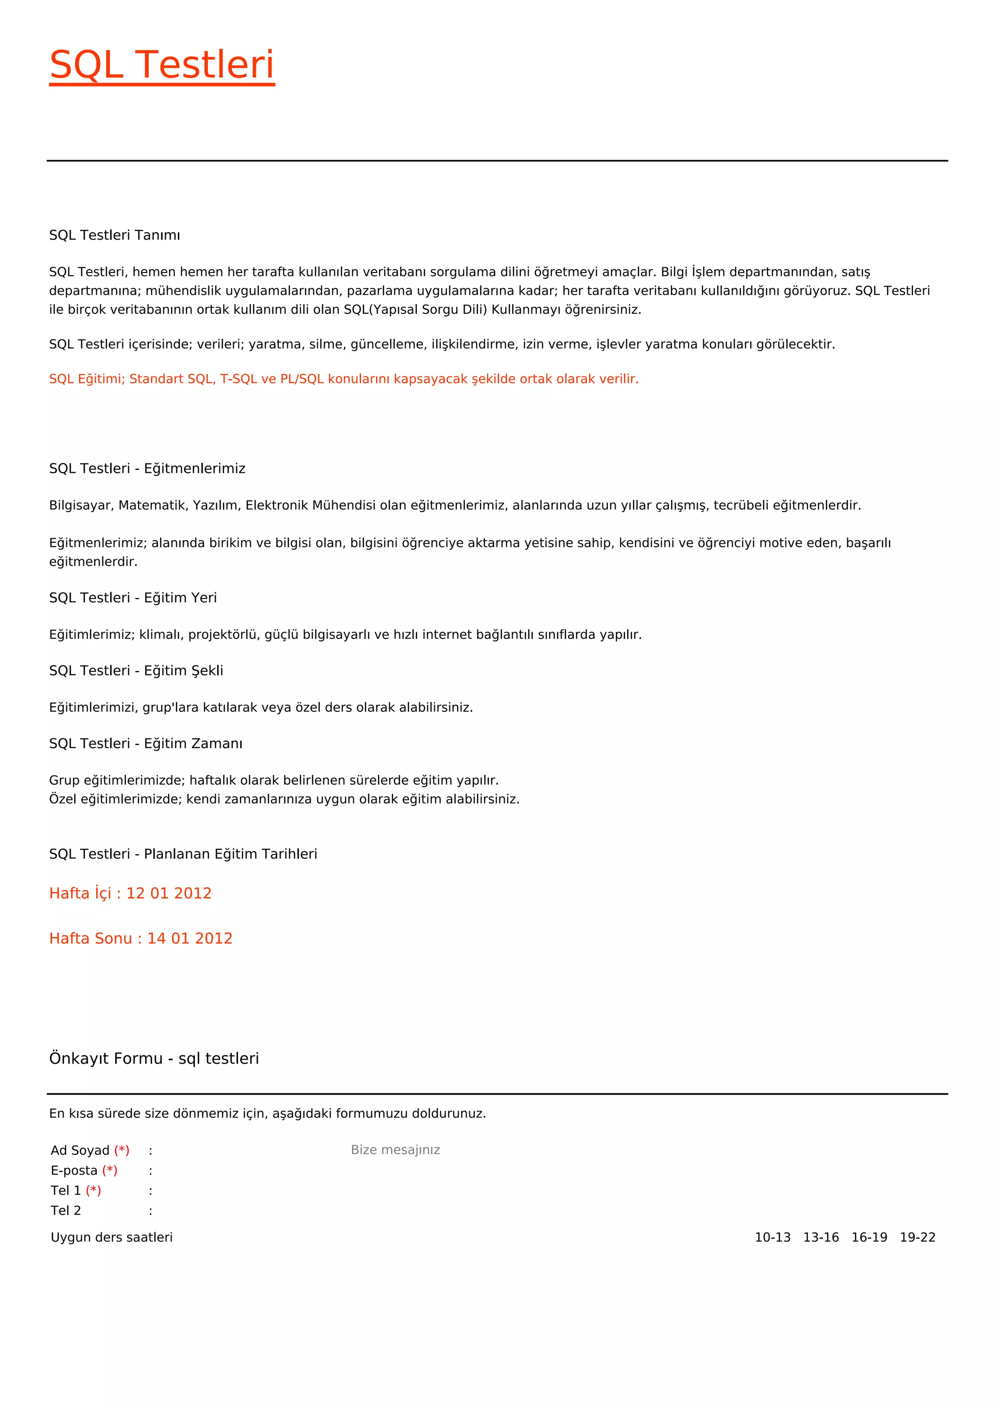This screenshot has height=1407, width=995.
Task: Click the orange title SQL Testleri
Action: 162,65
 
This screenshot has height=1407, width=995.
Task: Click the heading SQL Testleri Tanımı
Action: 115,235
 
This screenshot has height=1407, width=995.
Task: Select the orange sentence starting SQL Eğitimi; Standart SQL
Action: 343,378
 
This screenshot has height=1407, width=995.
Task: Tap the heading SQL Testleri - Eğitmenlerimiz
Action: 147,468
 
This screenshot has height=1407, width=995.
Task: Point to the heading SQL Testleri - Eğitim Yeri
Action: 133,598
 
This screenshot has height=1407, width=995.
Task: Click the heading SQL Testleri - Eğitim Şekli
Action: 136,670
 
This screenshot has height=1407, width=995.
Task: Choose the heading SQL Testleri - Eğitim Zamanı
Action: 146,743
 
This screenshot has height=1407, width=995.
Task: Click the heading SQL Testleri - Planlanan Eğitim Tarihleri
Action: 183,854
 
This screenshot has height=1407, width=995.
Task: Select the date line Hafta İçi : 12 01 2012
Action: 131,893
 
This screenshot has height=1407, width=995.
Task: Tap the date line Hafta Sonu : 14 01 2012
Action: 141,938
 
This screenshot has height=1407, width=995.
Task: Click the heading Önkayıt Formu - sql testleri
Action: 154,1058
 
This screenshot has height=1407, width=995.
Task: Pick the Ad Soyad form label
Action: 80,1150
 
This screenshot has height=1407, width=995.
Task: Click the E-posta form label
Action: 74,1170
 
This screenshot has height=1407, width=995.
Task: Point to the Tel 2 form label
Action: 66,1210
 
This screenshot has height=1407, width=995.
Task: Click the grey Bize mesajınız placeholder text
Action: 395,1150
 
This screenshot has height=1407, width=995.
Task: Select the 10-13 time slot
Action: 772,1237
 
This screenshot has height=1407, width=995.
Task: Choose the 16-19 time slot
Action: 869,1237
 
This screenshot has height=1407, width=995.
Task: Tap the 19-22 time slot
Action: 918,1237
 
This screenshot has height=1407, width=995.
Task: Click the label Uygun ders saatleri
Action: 112,1237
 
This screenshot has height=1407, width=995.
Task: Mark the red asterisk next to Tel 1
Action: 93,1190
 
